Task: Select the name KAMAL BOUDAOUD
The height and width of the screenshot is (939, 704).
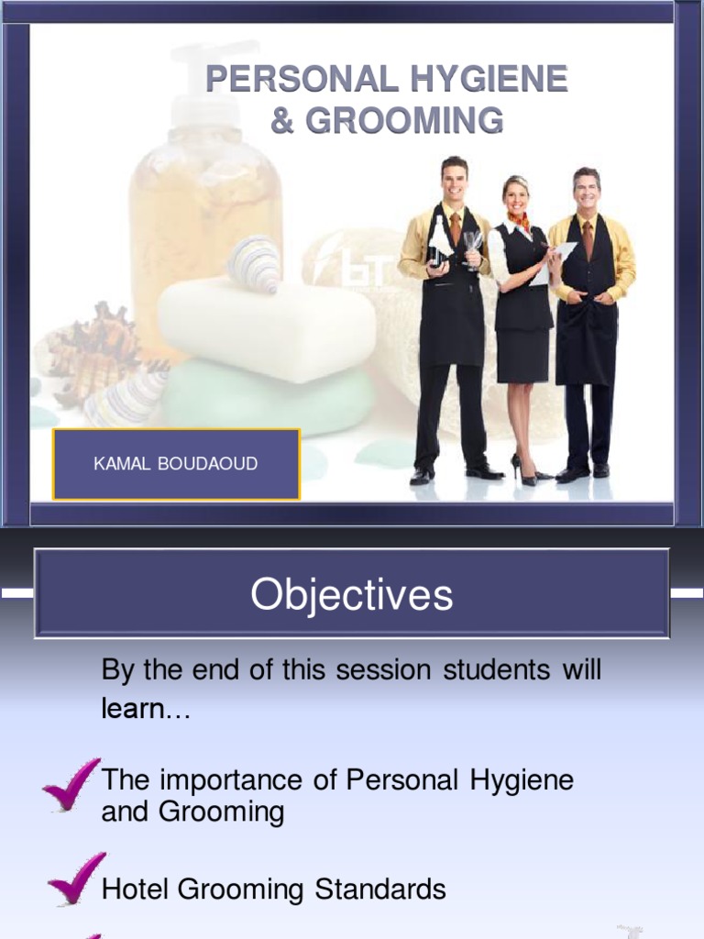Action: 176,464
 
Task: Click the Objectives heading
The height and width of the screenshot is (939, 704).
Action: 352,594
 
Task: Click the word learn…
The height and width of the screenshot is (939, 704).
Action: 146,709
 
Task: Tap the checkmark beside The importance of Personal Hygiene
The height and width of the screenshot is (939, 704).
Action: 71,784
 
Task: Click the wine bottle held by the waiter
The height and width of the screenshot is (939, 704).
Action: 439,242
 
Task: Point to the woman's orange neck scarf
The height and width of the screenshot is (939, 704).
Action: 519,221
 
